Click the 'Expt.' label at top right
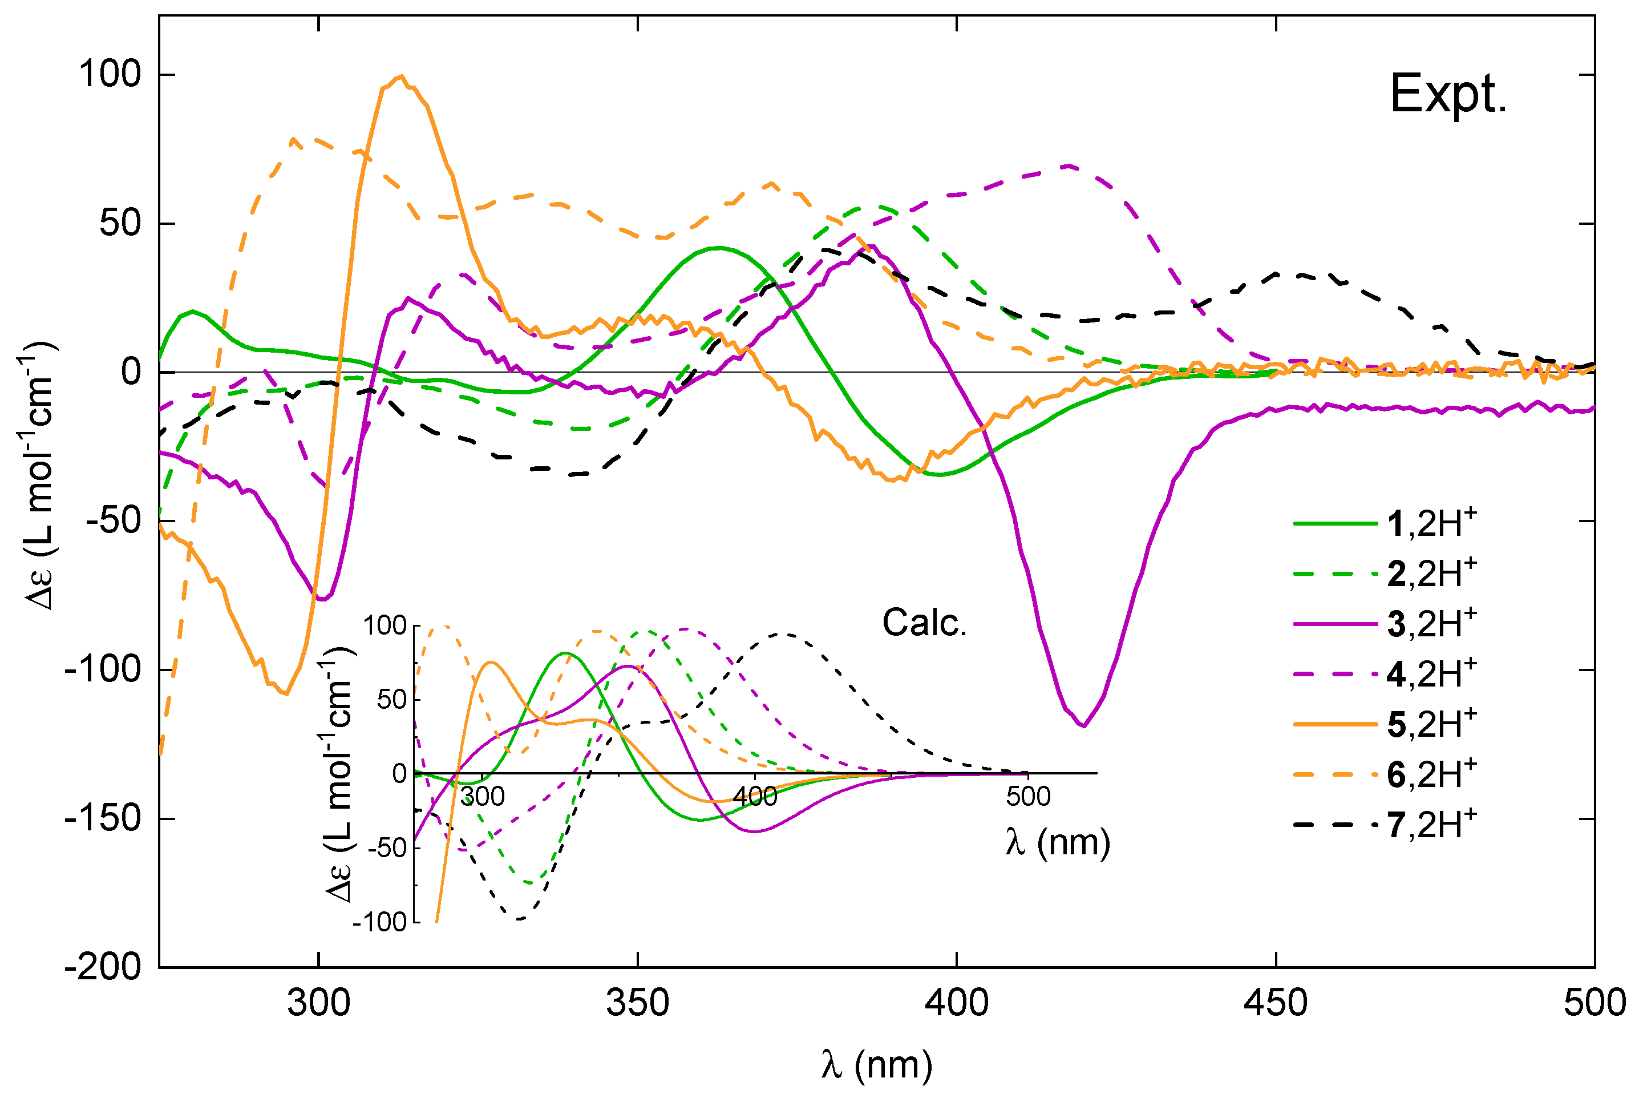point(1448,94)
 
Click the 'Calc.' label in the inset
point(924,623)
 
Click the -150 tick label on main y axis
point(103,818)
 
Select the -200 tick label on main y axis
point(103,967)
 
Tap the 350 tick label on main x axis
point(637,1003)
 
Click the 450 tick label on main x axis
point(1276,1003)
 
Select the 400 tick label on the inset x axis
point(755,796)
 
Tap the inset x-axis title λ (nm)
point(1057,842)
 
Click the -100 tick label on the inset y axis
point(380,922)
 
